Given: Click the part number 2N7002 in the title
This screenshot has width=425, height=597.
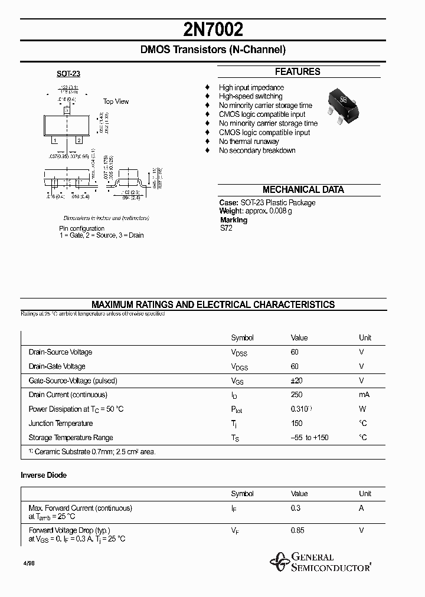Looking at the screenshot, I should click(212, 30).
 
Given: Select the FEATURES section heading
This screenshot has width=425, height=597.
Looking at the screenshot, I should click(297, 72).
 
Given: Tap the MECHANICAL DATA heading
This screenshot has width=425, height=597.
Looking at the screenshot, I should click(303, 190).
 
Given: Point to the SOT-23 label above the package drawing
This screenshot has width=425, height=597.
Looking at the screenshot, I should click(68, 74).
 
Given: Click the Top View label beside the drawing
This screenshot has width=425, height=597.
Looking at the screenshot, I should click(116, 101).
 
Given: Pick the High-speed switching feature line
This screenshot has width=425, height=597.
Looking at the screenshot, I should click(250, 96).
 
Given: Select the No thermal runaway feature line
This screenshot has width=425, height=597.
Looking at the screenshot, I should click(249, 142).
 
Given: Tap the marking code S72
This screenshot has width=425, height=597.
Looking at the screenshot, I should click(226, 228).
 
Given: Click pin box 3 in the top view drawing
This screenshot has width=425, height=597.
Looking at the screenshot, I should click(67, 110).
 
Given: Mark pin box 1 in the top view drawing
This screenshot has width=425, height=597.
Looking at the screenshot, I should click(55, 140).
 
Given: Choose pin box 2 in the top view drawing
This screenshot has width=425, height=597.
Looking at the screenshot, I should click(78, 140).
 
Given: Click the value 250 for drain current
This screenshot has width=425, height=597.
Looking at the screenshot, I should click(297, 395).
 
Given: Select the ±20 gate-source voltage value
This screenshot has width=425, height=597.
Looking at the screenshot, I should click(297, 380).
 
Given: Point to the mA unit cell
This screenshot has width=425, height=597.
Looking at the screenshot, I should click(364, 395).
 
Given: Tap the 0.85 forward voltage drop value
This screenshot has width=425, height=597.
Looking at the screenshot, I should click(297, 530).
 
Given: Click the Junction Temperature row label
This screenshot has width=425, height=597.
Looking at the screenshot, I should click(61, 423).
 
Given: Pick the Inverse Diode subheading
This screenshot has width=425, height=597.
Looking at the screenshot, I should click(44, 475).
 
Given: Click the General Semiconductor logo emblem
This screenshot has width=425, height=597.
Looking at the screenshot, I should click(277, 562).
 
